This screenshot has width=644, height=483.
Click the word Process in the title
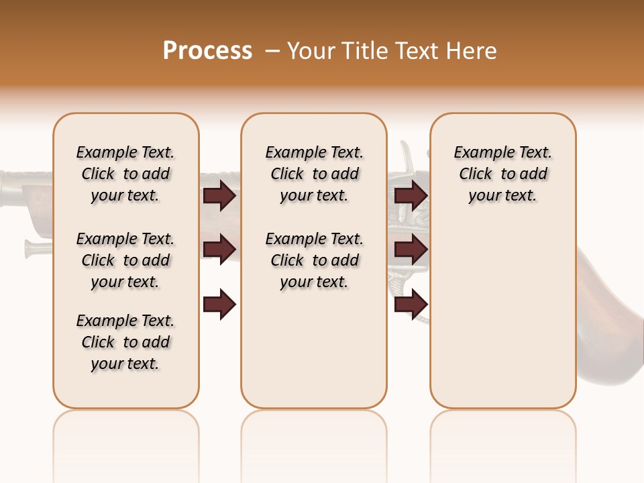tap(207, 51)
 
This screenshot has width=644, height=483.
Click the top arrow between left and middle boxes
tap(219, 196)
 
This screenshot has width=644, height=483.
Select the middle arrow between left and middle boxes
tap(219, 250)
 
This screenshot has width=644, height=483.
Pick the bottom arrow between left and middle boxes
tap(219, 304)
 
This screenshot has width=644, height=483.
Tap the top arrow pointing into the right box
tap(411, 196)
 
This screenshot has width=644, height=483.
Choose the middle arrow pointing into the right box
tap(411, 250)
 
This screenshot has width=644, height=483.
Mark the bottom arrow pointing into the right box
tap(411, 304)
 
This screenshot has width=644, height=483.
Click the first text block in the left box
tap(125, 174)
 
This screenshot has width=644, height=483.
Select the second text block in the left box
tap(125, 260)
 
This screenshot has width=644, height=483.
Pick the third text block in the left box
tap(125, 342)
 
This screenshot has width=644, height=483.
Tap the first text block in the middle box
tap(314, 174)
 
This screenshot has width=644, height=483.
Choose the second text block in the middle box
tap(314, 260)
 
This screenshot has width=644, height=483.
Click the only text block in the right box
tap(502, 174)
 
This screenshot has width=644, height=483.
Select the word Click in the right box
tap(476, 174)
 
